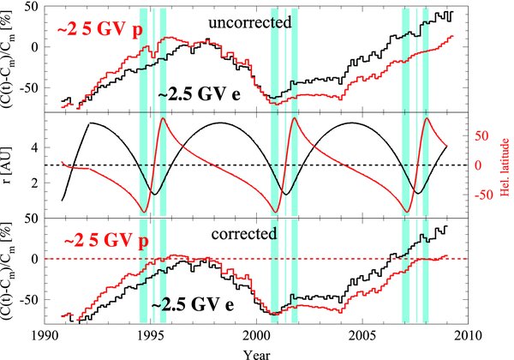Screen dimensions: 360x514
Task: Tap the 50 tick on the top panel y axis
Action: tap(32, 7)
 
